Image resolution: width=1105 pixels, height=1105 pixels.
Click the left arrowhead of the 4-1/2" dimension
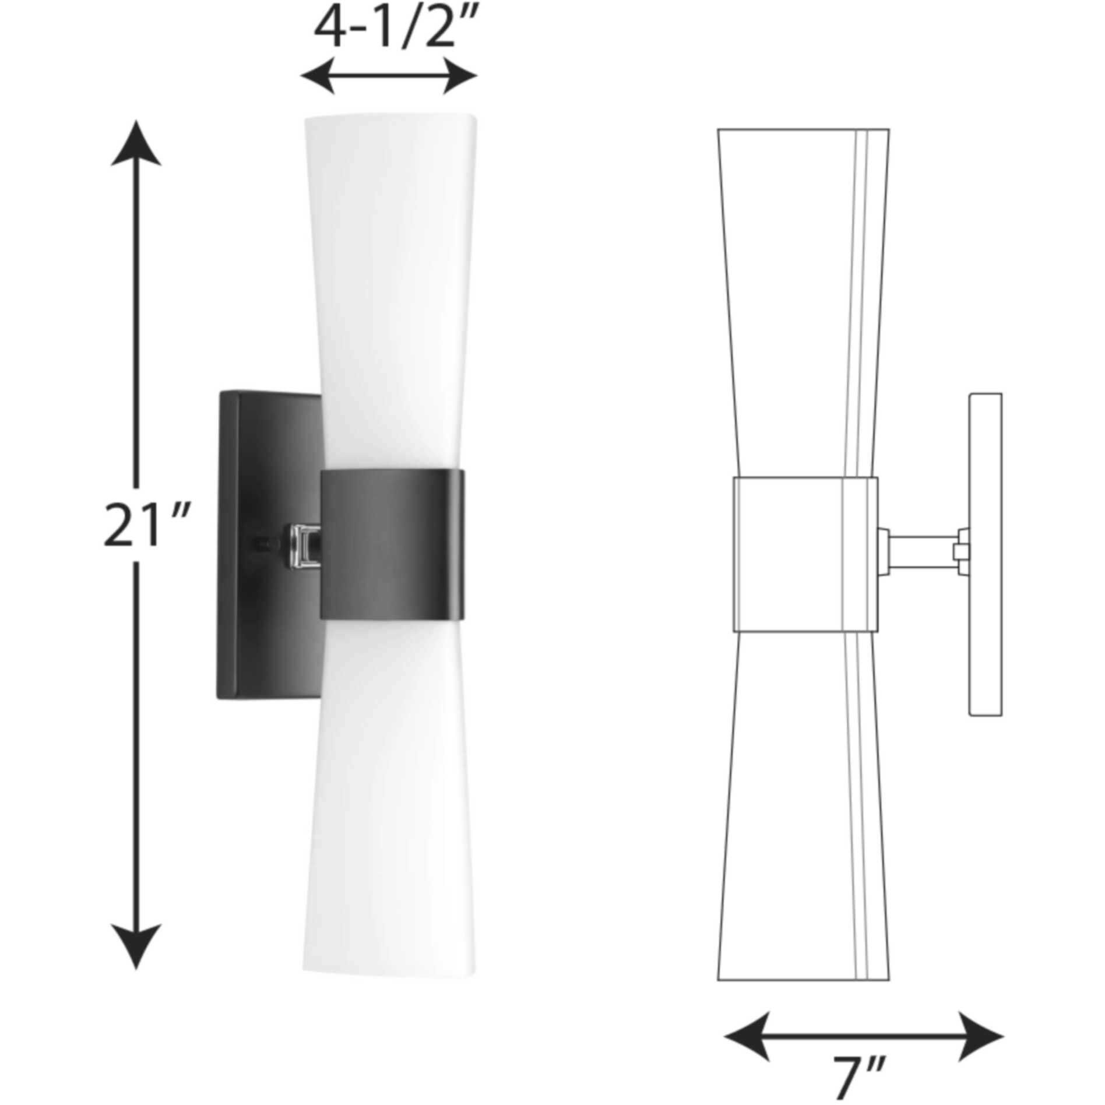(x=318, y=76)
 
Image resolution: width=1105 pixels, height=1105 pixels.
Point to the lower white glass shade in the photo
(x=390, y=816)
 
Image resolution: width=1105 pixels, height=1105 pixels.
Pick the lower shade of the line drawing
(x=798, y=816)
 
